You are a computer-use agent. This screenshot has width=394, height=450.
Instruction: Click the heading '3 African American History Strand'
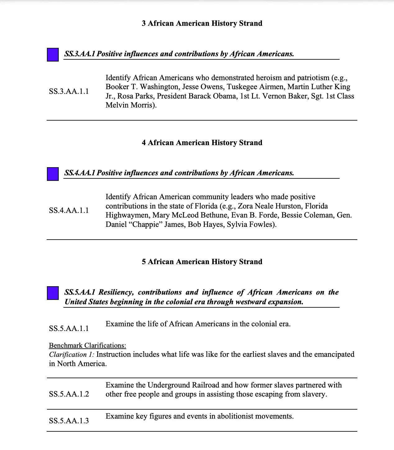coord(202,23)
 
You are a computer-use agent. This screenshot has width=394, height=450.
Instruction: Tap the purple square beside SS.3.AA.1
coord(53,55)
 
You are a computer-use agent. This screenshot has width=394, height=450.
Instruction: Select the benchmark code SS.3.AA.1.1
coord(69,91)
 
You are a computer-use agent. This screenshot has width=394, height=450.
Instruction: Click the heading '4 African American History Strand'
coord(202,143)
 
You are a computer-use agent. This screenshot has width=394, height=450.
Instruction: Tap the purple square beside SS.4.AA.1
coord(53,174)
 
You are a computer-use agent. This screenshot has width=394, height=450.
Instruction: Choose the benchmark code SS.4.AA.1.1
coord(69,210)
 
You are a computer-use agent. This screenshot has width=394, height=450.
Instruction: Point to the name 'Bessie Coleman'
coord(307,215)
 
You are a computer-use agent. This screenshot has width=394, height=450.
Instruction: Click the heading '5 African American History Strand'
coord(202,262)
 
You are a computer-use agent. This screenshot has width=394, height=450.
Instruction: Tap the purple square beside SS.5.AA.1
coord(53,293)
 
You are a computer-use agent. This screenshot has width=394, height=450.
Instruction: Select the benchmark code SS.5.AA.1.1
coord(69,328)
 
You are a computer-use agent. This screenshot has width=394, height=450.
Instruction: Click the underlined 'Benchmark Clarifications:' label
coord(87,346)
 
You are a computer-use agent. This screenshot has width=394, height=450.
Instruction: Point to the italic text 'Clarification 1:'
coord(71,355)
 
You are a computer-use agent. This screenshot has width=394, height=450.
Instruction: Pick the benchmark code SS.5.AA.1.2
coord(69,394)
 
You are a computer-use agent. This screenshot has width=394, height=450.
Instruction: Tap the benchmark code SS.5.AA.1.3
coord(69,421)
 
